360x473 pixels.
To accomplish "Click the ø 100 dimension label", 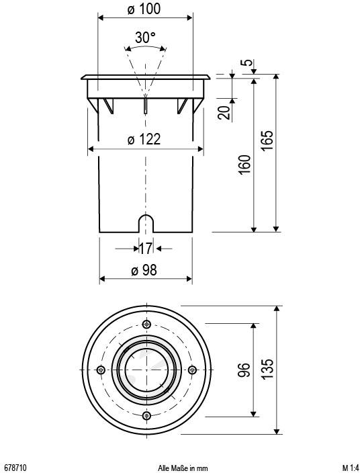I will pyautogui.click(x=145, y=9).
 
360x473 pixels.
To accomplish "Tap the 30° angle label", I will pyautogui.click(x=145, y=38).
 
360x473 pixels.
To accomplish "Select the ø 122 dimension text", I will pyautogui.click(x=144, y=139).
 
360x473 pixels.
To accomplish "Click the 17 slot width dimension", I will pyautogui.click(x=145, y=249).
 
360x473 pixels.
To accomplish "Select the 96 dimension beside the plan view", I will pyautogui.click(x=245, y=369).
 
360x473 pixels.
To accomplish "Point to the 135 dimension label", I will pyautogui.click(x=267, y=369).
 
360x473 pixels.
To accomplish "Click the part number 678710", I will pyautogui.click(x=15, y=467).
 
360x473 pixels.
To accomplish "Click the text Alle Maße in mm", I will pyautogui.click(x=183, y=467).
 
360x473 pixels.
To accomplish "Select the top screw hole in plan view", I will pyautogui.click(x=146, y=324).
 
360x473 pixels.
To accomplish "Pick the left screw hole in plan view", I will pyautogui.click(x=100, y=370).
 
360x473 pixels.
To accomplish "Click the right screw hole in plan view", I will pyautogui.click(x=191, y=370).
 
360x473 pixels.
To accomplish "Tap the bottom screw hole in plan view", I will pyautogui.click(x=146, y=415).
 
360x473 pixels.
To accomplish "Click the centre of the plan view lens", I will pyautogui.click(x=146, y=370).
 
